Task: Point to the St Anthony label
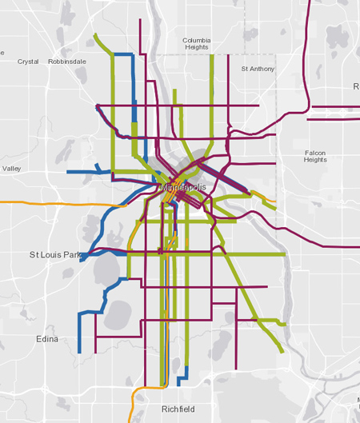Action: pyautogui.click(x=257, y=69)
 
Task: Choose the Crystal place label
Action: pyautogui.click(x=28, y=61)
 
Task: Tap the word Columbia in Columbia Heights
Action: pyautogui.click(x=196, y=40)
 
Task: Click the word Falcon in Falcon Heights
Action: pyautogui.click(x=316, y=152)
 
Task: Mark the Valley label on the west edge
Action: pyautogui.click(x=12, y=169)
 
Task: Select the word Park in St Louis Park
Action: pyautogui.click(x=71, y=255)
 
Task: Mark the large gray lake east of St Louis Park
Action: pyautogui.click(x=106, y=270)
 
